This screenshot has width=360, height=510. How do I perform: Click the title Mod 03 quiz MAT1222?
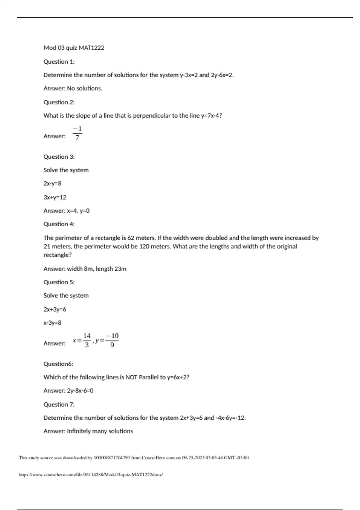[74, 48]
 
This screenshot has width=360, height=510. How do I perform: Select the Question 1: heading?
[59, 62]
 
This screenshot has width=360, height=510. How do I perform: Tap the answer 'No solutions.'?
[85, 88]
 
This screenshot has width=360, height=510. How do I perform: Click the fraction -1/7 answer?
[77, 133]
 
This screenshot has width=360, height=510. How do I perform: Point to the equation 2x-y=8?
[52, 184]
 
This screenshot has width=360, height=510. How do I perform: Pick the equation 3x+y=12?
[55, 197]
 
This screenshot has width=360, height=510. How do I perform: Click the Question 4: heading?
[59, 224]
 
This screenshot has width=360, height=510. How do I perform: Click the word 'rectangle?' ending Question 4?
[58, 255]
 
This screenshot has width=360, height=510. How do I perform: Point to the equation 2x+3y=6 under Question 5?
[55, 309]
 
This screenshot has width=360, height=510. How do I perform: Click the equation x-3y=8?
[52, 323]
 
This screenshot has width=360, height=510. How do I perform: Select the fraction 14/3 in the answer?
[87, 340]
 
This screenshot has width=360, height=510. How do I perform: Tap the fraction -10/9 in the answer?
[112, 340]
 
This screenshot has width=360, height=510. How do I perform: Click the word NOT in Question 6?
[131, 377]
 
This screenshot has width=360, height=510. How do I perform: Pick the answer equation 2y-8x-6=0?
[80, 391]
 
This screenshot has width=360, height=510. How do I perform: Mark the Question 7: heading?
[59, 404]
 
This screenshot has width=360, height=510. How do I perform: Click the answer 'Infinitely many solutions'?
[100, 431]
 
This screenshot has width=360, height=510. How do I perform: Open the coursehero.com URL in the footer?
[91, 475]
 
